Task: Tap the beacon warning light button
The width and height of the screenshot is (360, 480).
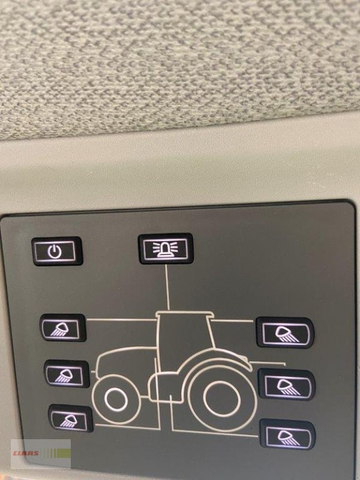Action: point(166,248)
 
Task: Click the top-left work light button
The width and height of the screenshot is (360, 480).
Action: point(63,328)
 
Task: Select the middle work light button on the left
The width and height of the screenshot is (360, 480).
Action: point(67,374)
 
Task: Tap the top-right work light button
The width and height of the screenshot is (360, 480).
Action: point(285,332)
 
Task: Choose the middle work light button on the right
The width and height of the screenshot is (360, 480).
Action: point(287,385)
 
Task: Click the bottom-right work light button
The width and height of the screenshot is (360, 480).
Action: point(287,434)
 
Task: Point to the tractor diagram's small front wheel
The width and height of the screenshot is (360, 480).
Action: point(116,400)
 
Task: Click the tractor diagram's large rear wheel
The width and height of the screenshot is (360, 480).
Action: point(221,398)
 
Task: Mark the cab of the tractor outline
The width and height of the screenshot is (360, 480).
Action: point(183,343)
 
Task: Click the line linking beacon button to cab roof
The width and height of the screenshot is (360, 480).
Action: point(167,287)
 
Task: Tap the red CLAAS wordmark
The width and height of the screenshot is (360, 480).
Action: point(26,454)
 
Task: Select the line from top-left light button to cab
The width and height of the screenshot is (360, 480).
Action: point(122,320)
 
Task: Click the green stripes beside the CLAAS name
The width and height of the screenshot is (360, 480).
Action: point(56,453)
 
